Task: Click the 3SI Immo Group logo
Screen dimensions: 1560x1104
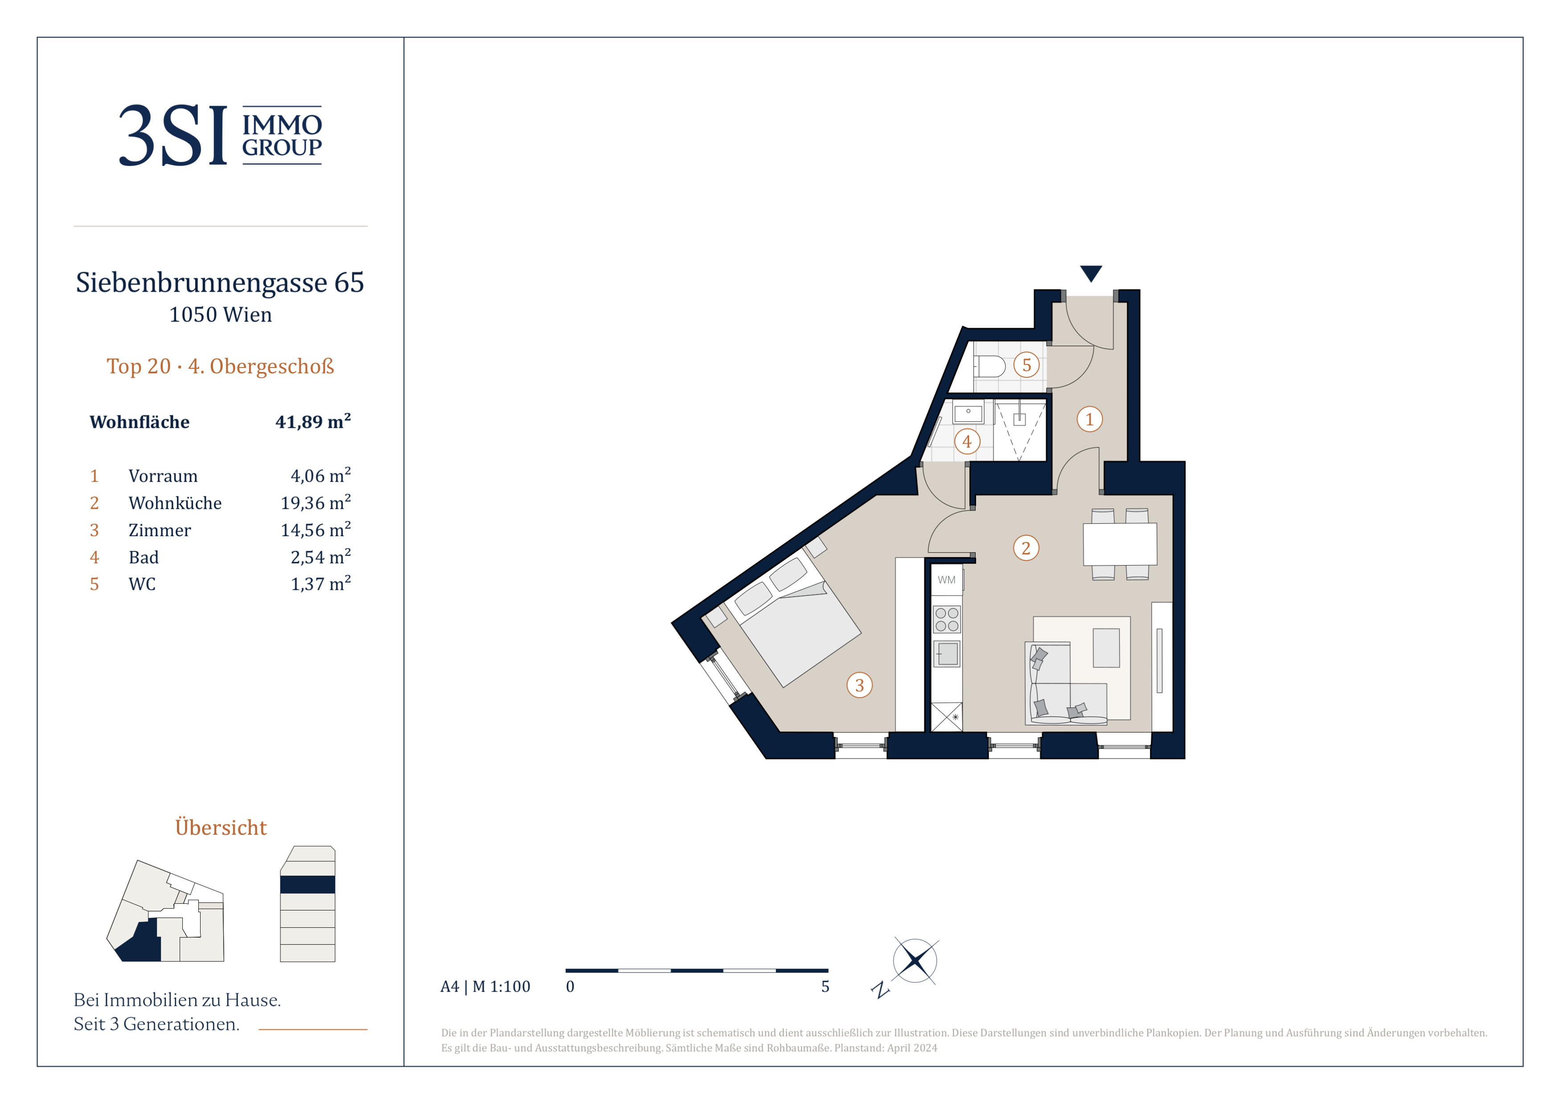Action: pyautogui.click(x=220, y=135)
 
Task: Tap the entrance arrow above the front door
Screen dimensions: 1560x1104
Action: pyautogui.click(x=1091, y=273)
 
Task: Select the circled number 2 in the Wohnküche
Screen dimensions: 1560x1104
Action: pyautogui.click(x=1026, y=548)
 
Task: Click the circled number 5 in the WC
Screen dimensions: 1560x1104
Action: pyautogui.click(x=1026, y=365)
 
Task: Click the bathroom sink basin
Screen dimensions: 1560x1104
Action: pyautogui.click(x=968, y=413)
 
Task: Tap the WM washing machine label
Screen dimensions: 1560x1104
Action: pyautogui.click(x=946, y=580)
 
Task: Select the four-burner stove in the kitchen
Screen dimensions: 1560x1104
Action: pyautogui.click(x=946, y=619)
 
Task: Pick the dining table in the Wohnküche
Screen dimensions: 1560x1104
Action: pyautogui.click(x=1120, y=544)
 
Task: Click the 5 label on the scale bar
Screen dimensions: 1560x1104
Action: pyautogui.click(x=825, y=986)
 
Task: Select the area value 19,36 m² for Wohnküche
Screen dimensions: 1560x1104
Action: pyautogui.click(x=316, y=502)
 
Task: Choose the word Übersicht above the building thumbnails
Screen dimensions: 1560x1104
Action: pyautogui.click(x=221, y=827)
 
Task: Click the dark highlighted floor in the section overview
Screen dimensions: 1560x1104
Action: pyautogui.click(x=308, y=885)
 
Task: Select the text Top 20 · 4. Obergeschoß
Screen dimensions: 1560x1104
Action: pyautogui.click(x=220, y=366)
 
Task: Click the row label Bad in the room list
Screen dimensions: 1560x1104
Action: pyautogui.click(x=144, y=558)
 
